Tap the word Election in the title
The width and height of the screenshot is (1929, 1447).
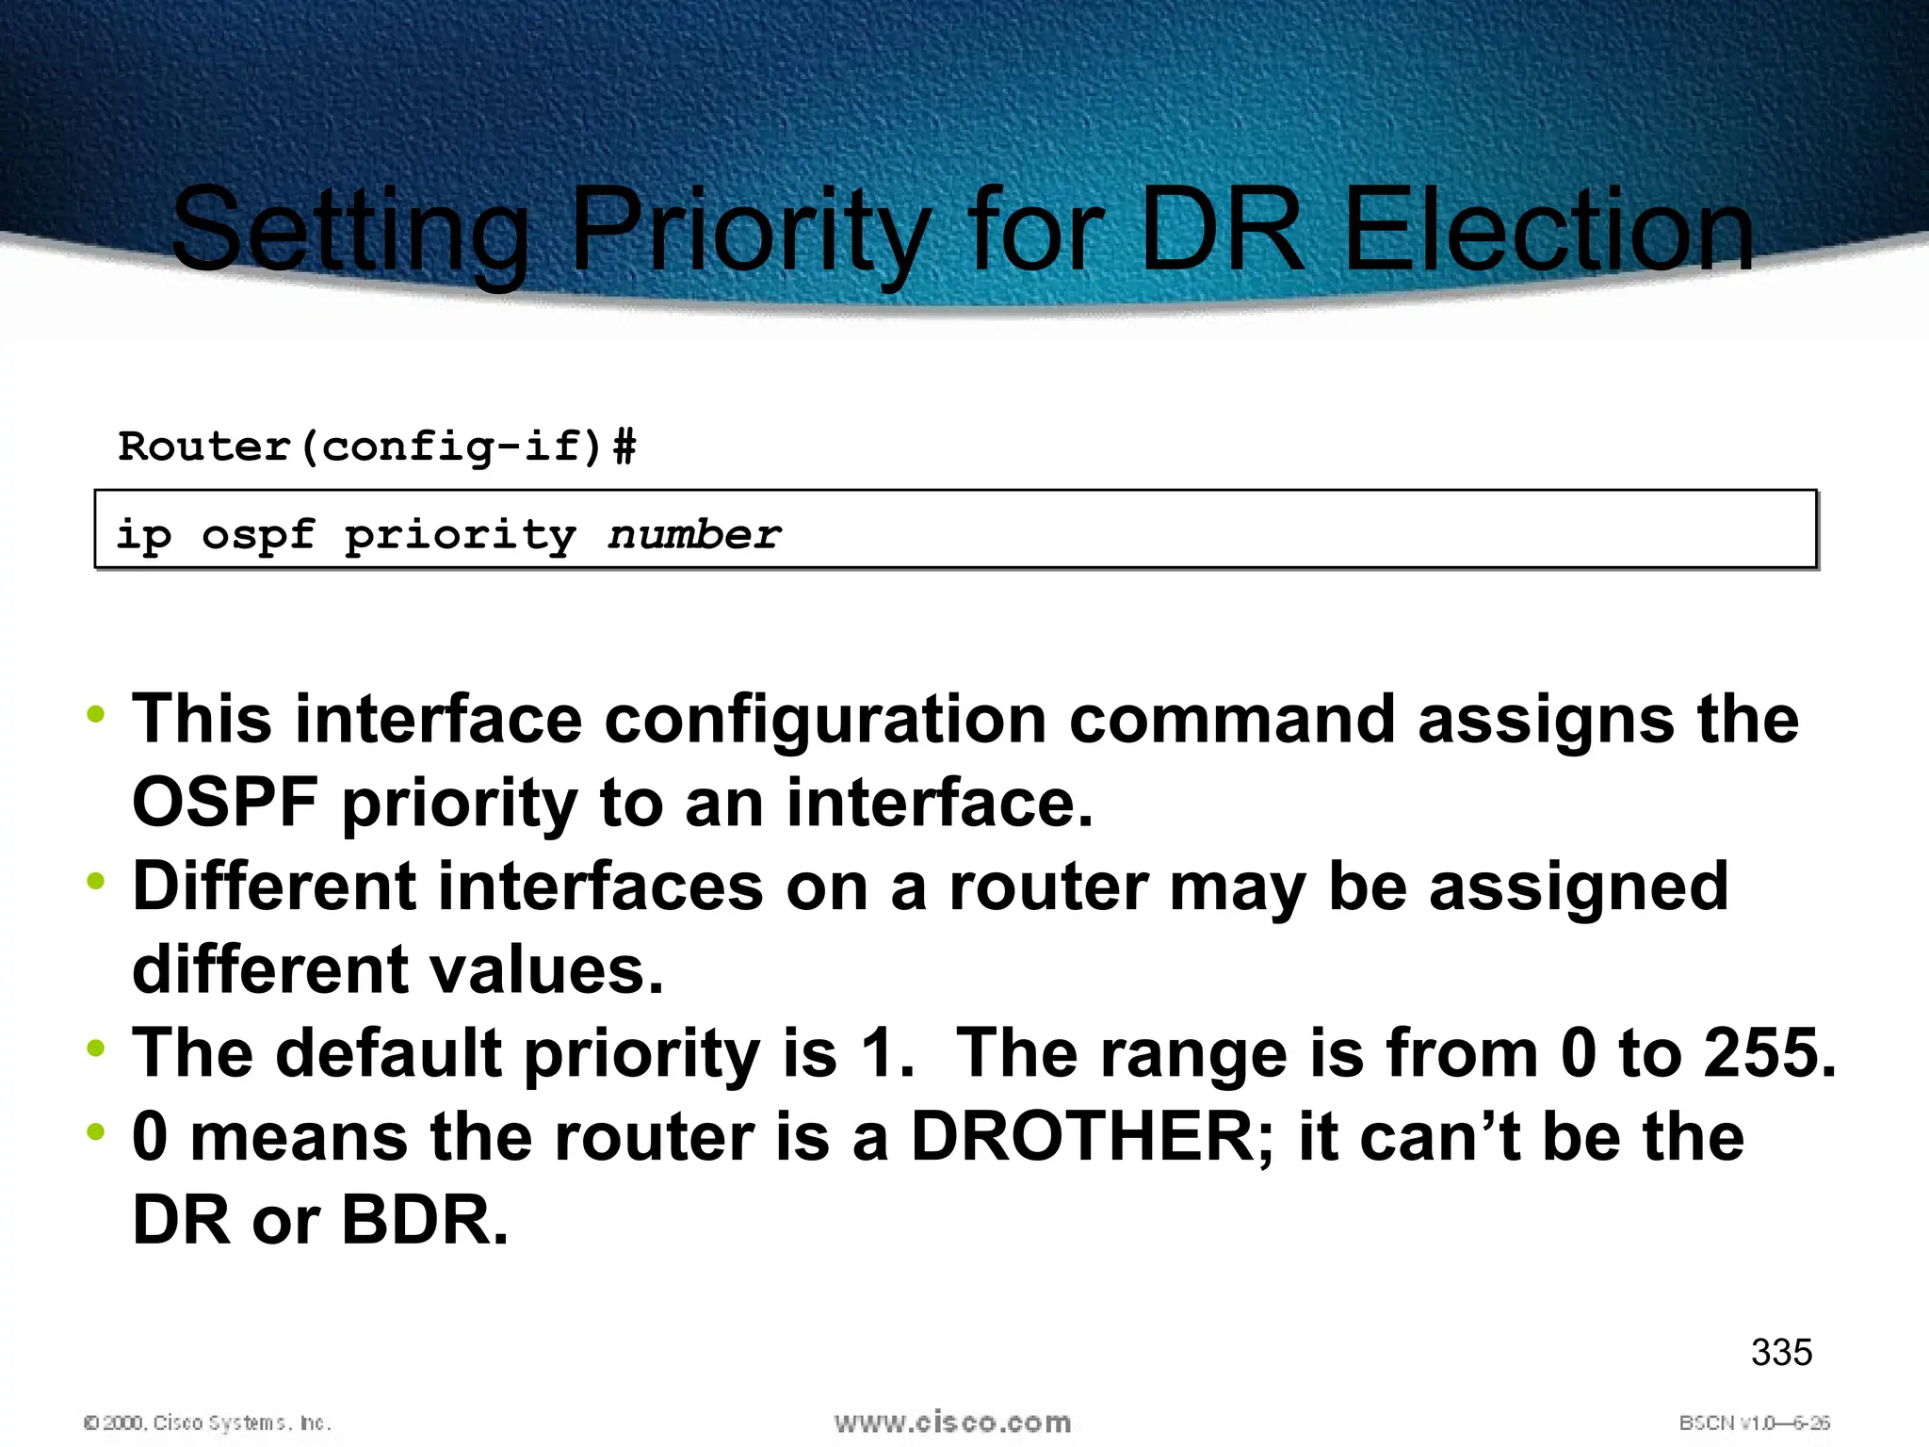click(1548, 231)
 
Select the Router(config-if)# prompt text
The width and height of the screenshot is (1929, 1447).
click(377, 446)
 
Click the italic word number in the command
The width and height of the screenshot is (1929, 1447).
click(694, 535)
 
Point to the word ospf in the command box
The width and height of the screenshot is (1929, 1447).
click(258, 535)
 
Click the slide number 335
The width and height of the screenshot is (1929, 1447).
click(1781, 1352)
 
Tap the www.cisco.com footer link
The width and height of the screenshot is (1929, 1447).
click(952, 1422)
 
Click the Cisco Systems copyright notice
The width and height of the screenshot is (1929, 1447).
click(207, 1423)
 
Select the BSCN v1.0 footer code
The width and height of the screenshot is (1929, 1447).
click(1754, 1423)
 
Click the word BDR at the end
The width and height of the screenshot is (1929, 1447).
click(425, 1220)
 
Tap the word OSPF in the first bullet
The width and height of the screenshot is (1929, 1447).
click(225, 803)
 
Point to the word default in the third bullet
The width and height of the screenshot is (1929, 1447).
click(389, 1052)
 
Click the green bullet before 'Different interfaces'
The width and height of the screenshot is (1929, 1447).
click(95, 882)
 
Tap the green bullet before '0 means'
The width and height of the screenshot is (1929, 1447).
click(95, 1131)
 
